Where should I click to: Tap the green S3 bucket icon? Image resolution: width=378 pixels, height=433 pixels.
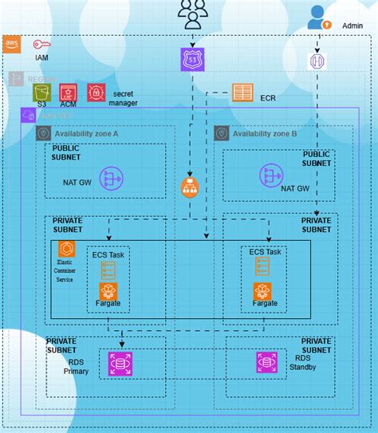[x=41, y=93]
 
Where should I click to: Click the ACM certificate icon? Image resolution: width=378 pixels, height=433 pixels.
[x=69, y=93]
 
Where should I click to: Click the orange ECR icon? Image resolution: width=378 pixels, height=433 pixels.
[x=243, y=93]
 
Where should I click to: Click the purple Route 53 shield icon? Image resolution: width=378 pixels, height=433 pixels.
[x=192, y=57]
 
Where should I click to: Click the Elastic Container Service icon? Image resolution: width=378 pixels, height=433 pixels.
[x=66, y=248]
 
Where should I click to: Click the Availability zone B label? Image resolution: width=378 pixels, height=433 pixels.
[x=266, y=134]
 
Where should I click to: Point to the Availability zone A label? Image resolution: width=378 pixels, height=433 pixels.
[x=86, y=134]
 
